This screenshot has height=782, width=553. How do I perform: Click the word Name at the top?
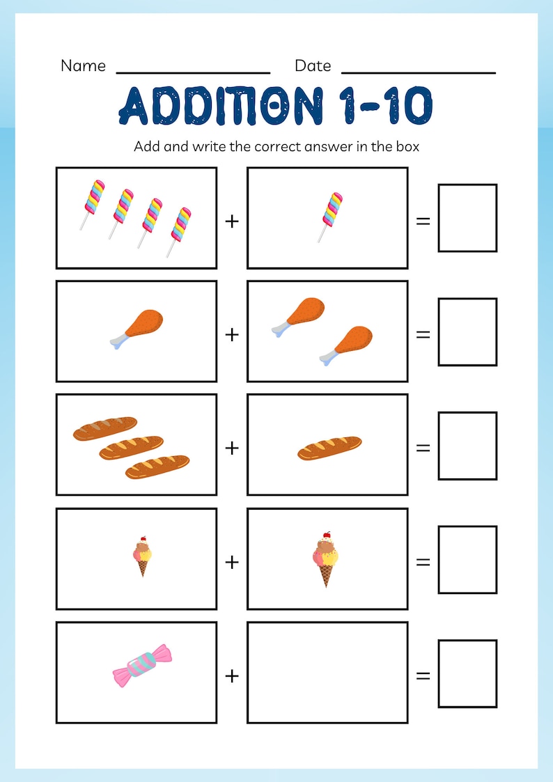coord(83,65)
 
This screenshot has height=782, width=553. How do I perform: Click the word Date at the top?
coord(313,65)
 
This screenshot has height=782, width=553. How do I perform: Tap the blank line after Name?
coord(193,71)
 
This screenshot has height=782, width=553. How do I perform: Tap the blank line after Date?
coord(419,71)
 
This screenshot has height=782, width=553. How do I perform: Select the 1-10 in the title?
coord(386,106)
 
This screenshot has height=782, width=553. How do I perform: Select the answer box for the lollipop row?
coord(467,218)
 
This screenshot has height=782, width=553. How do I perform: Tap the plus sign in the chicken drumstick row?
coord(231,334)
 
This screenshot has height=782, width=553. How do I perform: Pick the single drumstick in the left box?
coord(137,327)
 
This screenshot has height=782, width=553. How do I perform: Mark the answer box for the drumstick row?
coord(467,331)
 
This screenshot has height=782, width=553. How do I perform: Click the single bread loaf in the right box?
coord(329,448)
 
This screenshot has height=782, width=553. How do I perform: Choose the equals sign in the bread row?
coord(423,448)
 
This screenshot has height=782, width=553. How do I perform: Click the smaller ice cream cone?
coord(142,556)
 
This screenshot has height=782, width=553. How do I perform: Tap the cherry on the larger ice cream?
coord(324,536)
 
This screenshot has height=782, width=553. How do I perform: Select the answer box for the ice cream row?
coord(467,559)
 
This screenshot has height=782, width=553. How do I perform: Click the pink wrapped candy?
coord(142,665)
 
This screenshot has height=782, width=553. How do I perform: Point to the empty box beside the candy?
coord(327,673)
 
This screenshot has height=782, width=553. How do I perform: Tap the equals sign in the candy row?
coord(423,675)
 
